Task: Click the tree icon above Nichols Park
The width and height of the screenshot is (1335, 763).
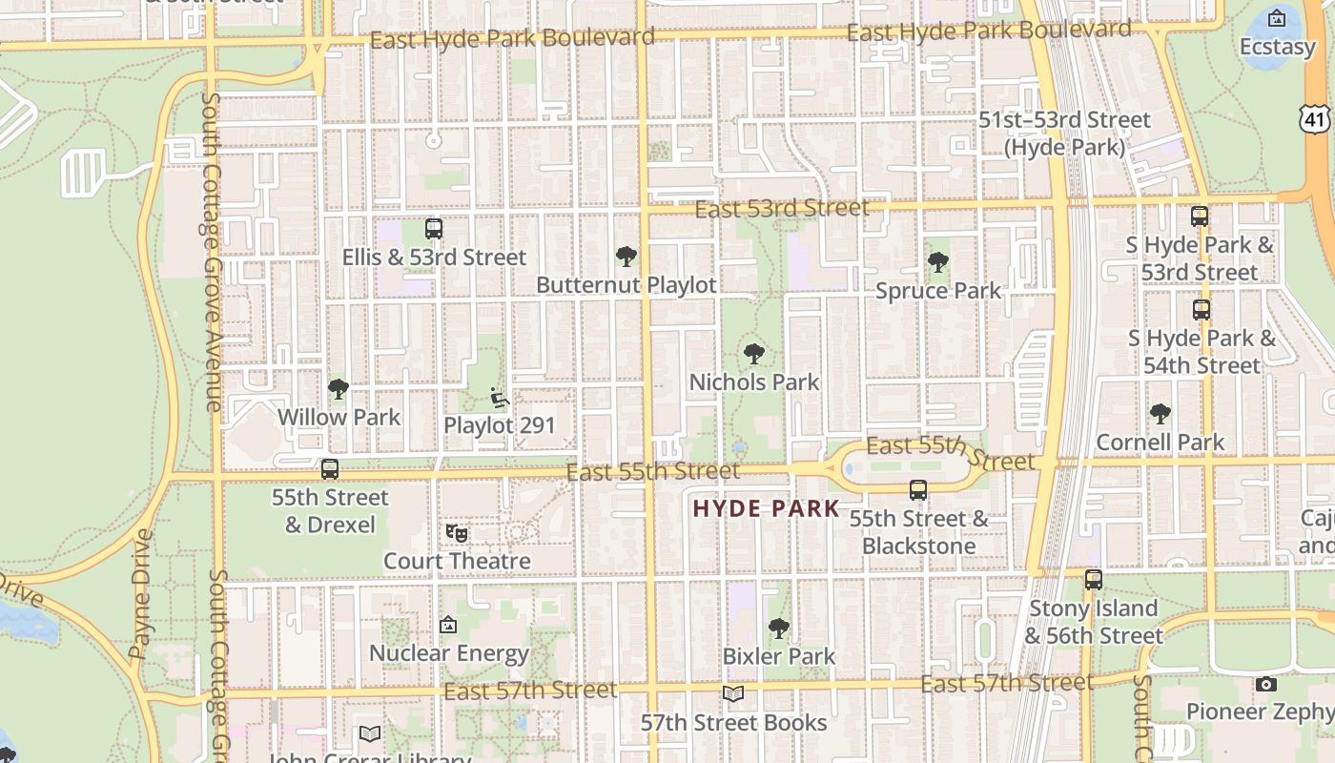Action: [x=754, y=354]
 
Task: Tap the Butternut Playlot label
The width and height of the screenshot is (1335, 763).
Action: [x=626, y=285]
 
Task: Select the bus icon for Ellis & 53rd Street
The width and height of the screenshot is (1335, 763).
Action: [x=434, y=229]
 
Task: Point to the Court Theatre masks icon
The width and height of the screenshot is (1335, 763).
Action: [x=457, y=533]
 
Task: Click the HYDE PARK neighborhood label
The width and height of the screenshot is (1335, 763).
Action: [x=766, y=508]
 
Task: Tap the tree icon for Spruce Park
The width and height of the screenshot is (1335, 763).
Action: [x=938, y=262]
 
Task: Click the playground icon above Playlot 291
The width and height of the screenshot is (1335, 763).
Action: [x=499, y=397]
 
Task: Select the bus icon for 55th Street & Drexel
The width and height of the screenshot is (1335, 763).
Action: [x=330, y=469]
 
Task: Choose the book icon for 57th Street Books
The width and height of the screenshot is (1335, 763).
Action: [x=733, y=694]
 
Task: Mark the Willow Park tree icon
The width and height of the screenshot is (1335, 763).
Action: [x=339, y=389]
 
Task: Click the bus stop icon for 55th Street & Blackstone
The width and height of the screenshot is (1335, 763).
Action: [x=918, y=490]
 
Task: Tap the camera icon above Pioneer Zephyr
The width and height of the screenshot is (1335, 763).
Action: [x=1266, y=684]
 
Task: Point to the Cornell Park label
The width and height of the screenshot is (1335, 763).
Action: [x=1160, y=443]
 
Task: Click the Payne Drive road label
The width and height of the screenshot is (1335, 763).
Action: [x=140, y=594]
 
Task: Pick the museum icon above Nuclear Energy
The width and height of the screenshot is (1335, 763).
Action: [x=448, y=626]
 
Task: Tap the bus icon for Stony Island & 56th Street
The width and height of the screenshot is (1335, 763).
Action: [x=1094, y=580]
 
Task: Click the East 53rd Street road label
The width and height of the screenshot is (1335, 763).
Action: [x=782, y=208]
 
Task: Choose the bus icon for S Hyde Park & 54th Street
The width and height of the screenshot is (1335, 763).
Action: [x=1201, y=310]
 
